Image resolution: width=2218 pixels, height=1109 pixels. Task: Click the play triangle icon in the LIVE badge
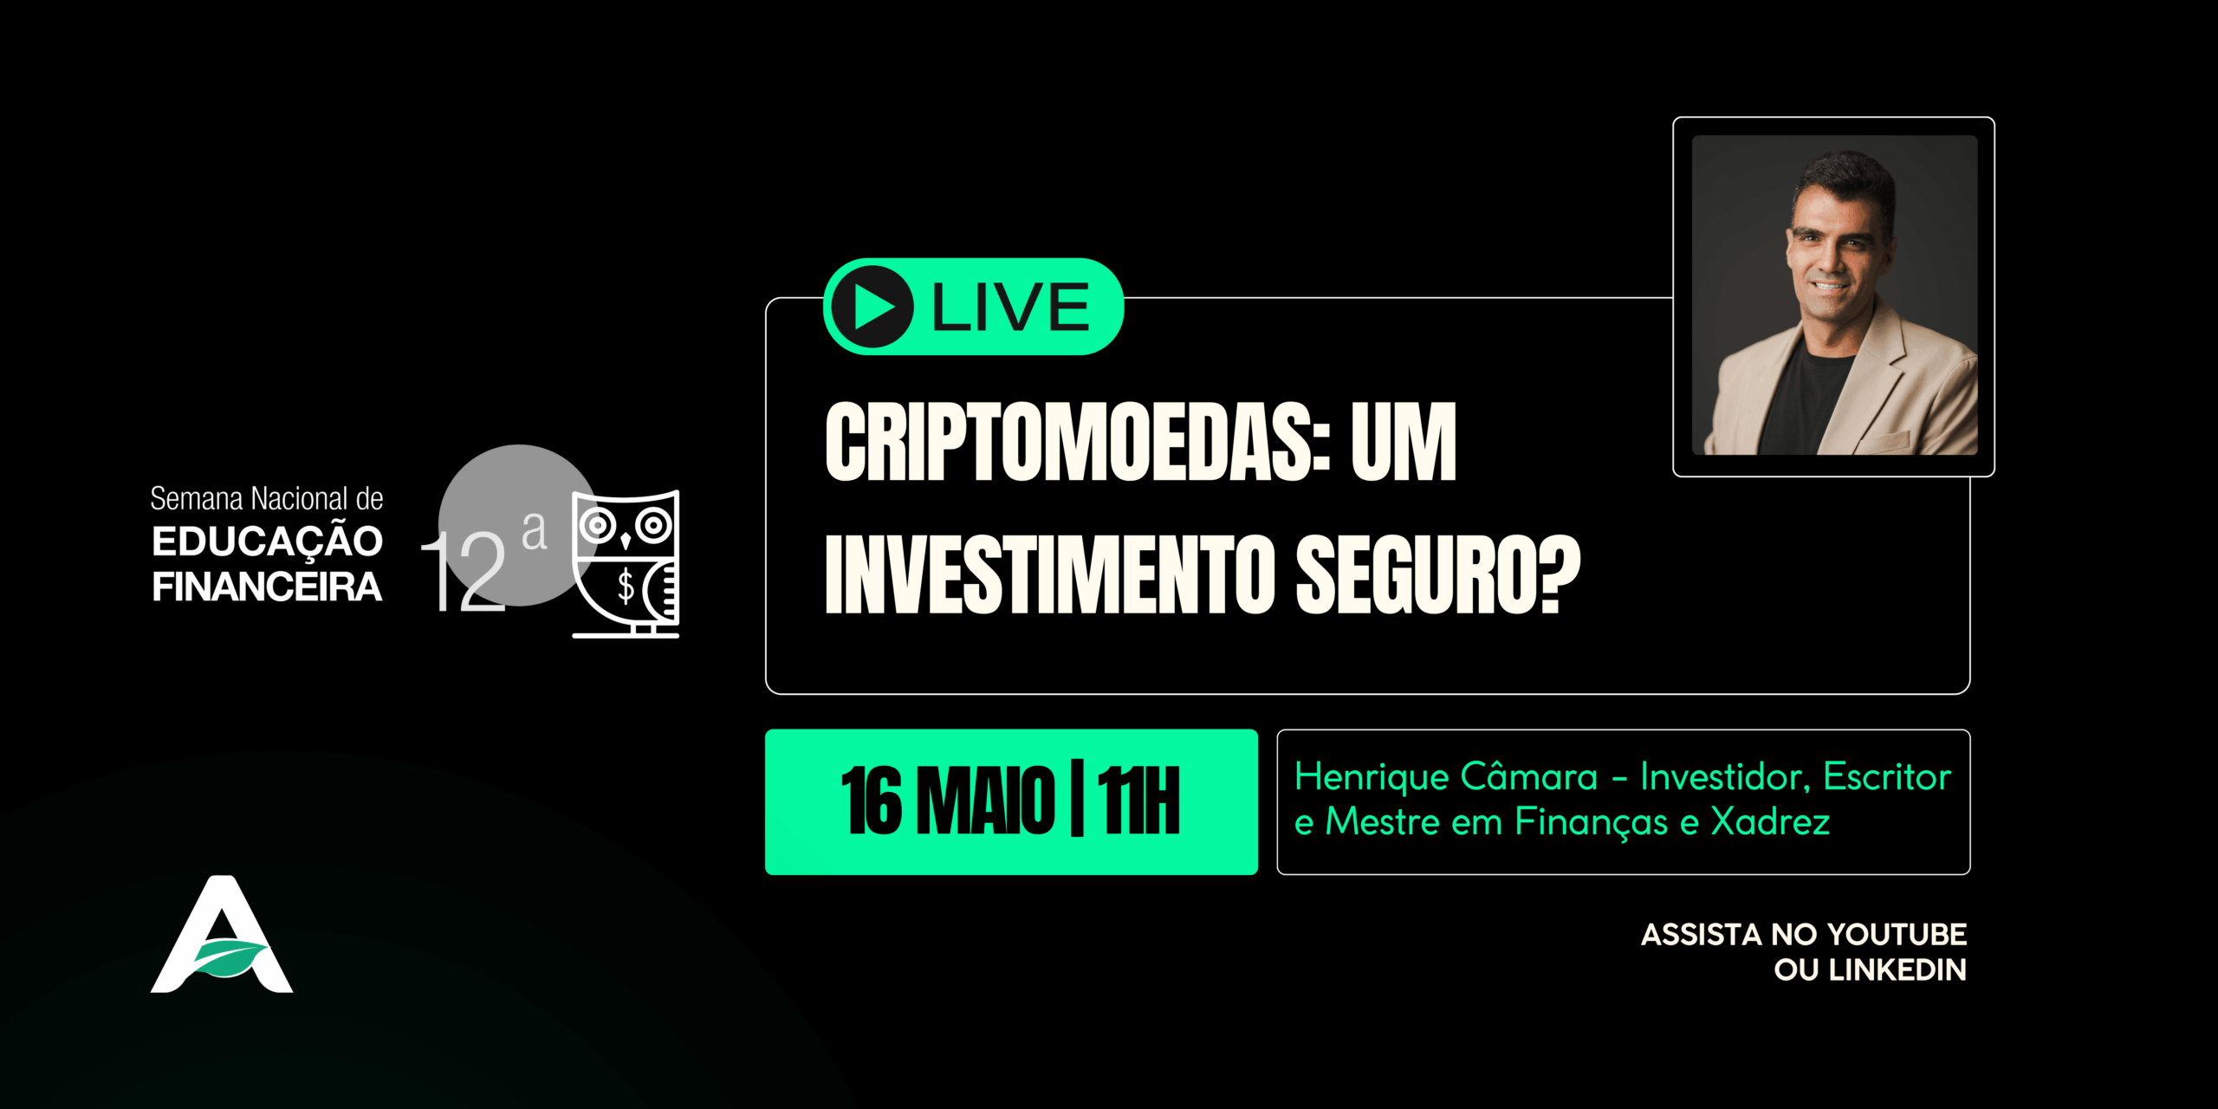click(x=873, y=307)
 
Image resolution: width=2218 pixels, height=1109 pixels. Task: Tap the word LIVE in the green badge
click(x=1010, y=308)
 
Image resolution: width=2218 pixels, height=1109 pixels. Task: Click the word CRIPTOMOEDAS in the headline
click(x=1078, y=442)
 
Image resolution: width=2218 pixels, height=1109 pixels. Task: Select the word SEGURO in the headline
click(x=1438, y=574)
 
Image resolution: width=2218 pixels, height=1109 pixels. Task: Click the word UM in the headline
click(x=1404, y=442)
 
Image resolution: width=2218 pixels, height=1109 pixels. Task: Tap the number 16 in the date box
click(x=872, y=801)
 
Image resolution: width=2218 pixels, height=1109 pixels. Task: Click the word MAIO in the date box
click(x=986, y=801)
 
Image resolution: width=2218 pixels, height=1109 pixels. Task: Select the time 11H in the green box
click(x=1138, y=801)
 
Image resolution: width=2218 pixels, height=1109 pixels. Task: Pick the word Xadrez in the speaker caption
click(x=1770, y=821)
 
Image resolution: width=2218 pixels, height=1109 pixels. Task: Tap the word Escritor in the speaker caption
click(x=1887, y=776)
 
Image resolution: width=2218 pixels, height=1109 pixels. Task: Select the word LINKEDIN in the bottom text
click(x=1897, y=970)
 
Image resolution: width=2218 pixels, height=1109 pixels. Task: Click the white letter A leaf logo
click(x=222, y=936)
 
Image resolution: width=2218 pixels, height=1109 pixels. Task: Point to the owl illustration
click(x=626, y=563)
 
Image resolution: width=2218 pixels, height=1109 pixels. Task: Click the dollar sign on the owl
click(x=626, y=586)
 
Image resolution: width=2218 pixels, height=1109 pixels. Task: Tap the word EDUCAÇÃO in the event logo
click(x=267, y=542)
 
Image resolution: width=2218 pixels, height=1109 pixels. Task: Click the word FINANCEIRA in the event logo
click(x=267, y=587)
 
